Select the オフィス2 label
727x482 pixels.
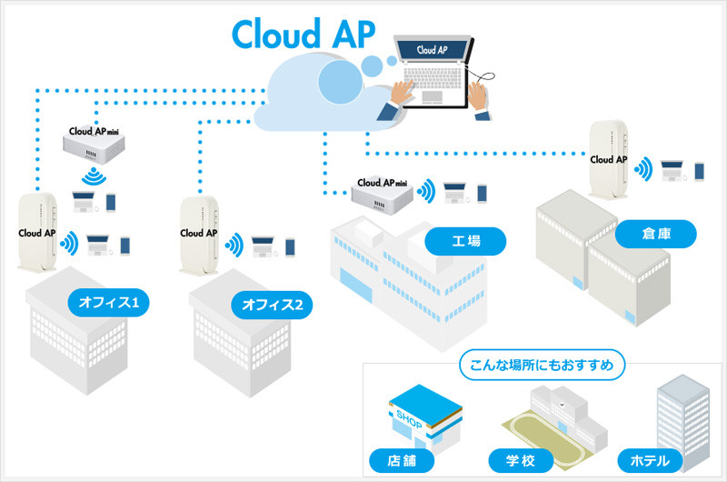(273, 303)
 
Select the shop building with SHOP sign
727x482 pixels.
(419, 417)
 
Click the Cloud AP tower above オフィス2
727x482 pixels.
(198, 236)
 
